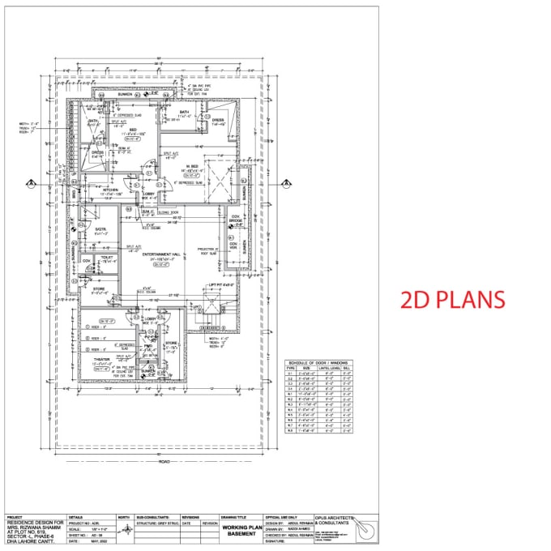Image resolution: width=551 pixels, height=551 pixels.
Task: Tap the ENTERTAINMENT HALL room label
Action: point(160,254)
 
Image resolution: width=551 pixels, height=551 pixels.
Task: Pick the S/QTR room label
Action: point(100,229)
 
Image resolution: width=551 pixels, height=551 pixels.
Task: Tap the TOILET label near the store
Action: point(107,257)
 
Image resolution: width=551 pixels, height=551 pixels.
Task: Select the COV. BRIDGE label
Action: point(236,220)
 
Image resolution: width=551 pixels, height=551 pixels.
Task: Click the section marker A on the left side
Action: point(30,183)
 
